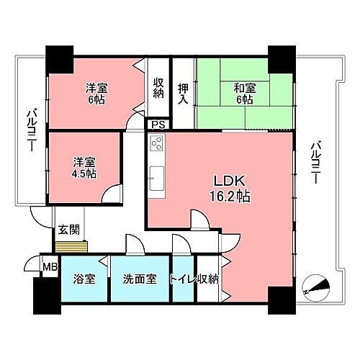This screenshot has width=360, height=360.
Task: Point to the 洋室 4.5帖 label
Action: click(84, 168)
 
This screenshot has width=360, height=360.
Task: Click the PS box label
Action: click(157, 125)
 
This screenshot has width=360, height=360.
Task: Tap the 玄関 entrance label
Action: click(68, 230)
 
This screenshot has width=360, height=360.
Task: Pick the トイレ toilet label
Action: click(182, 279)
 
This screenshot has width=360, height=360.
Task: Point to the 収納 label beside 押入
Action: click(158, 88)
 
